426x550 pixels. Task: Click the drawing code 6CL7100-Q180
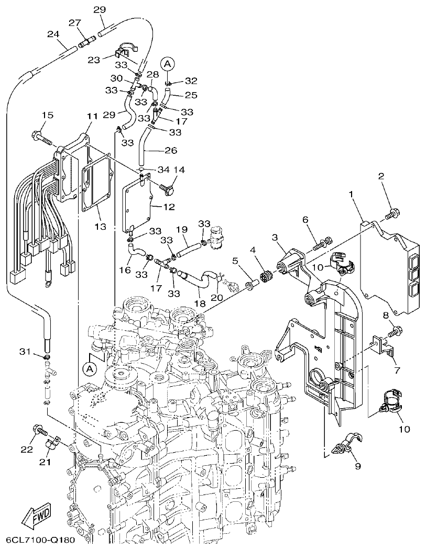click(x=41, y=539)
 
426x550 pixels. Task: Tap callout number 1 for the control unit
click(x=352, y=195)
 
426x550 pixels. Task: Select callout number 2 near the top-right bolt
click(x=381, y=176)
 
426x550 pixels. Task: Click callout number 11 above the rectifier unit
click(x=92, y=115)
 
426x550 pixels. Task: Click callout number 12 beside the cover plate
click(x=169, y=207)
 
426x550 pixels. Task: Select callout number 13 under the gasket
click(x=100, y=227)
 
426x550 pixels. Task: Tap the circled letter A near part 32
click(x=167, y=64)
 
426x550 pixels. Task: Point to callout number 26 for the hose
click(x=171, y=151)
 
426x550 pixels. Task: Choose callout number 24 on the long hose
click(x=53, y=34)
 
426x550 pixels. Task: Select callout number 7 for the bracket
click(x=397, y=371)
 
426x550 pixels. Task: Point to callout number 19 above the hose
click(x=181, y=229)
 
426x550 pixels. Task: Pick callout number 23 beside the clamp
click(x=93, y=60)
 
